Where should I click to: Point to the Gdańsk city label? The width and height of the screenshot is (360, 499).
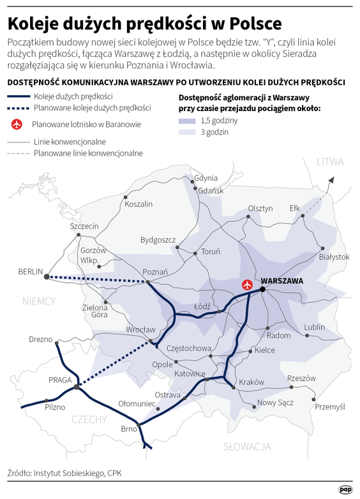click(210, 191)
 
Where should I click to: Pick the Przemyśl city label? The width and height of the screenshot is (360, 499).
click(331, 406)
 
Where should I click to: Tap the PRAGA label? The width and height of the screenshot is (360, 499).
click(61, 380)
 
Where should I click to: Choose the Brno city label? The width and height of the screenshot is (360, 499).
click(129, 429)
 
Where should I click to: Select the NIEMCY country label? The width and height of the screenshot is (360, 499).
click(38, 301)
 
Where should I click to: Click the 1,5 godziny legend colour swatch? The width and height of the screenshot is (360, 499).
click(190, 121)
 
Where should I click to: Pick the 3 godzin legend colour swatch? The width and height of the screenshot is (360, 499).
click(190, 132)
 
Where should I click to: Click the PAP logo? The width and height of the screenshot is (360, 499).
click(345, 489)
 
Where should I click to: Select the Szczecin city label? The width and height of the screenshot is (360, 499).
click(84, 227)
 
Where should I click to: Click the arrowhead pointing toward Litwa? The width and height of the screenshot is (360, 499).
click(329, 182)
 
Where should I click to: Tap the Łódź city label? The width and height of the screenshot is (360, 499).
click(202, 306)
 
